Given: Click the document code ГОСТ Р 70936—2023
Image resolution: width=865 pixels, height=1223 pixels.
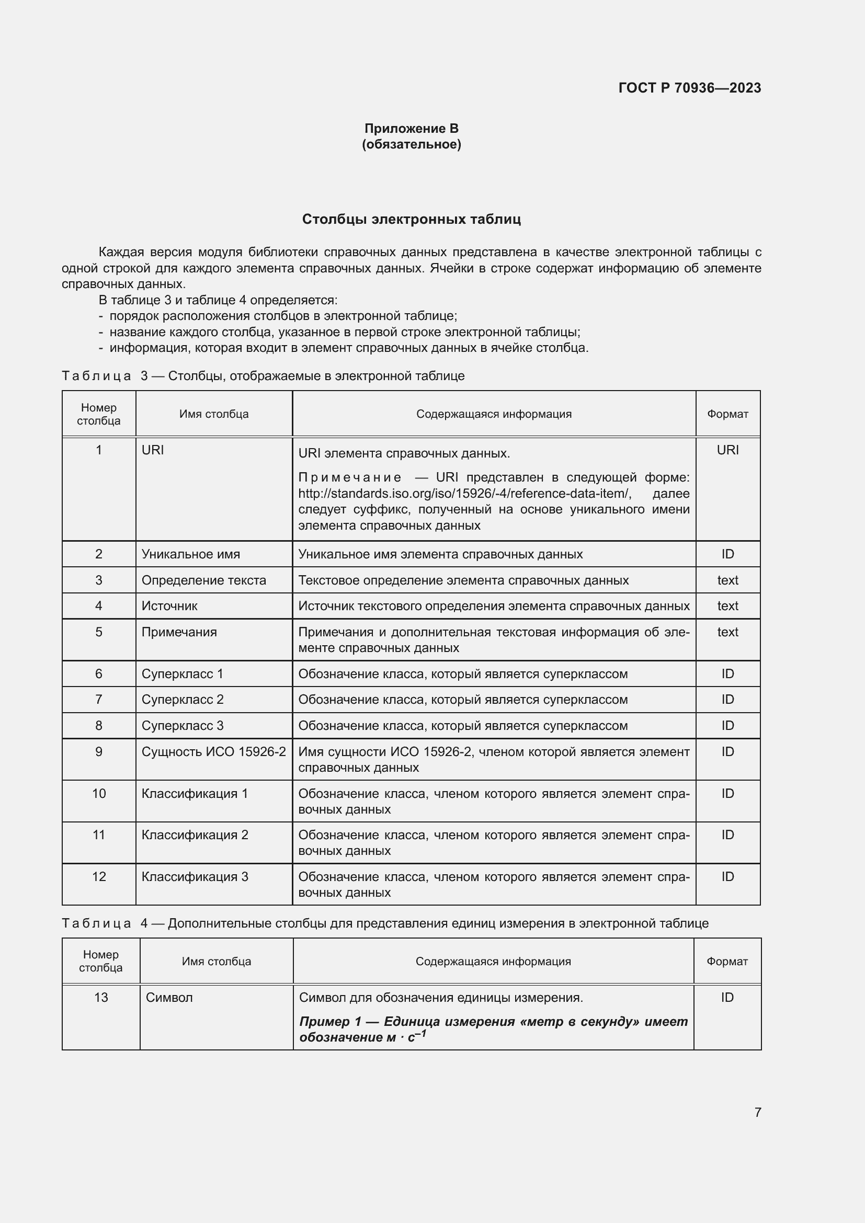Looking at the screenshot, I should tap(689, 88).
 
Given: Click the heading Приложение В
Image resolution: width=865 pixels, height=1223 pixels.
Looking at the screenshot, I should tap(411, 129).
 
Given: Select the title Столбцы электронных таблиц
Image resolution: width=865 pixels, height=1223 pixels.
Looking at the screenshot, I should tap(411, 220).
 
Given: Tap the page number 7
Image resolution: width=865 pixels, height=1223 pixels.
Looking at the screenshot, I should tap(757, 1112).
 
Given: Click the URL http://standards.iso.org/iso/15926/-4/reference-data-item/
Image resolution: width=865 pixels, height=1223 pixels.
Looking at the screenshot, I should tap(464, 493).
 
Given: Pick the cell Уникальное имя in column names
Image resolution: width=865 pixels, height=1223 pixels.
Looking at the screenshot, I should tap(191, 554).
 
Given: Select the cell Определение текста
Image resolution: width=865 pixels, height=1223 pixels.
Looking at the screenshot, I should tap(203, 580).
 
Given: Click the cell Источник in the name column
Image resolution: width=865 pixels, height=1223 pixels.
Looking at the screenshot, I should tap(169, 605).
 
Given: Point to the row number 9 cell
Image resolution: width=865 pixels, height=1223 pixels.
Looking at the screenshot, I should tap(98, 751).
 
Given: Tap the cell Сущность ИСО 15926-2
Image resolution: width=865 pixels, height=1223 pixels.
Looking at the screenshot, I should tap(213, 751).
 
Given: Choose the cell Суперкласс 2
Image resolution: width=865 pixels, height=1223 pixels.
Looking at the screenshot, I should tap(182, 700).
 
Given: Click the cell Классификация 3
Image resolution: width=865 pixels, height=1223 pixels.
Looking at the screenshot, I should tap(195, 876).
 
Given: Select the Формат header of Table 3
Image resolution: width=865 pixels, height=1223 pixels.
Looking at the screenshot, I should tap(727, 414).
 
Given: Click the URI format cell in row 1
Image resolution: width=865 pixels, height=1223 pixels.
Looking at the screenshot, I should tap(727, 450).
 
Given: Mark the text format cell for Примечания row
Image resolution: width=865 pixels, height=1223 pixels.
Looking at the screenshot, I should tap(727, 632).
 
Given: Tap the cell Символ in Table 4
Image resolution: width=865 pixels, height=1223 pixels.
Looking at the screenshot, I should tap(169, 997).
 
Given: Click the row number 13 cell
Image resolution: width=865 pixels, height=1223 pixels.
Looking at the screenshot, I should tap(100, 997).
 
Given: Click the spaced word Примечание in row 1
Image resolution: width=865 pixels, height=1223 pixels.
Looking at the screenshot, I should tap(349, 477).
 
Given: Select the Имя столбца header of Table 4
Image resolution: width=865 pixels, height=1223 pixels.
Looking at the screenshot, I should tap(217, 961).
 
